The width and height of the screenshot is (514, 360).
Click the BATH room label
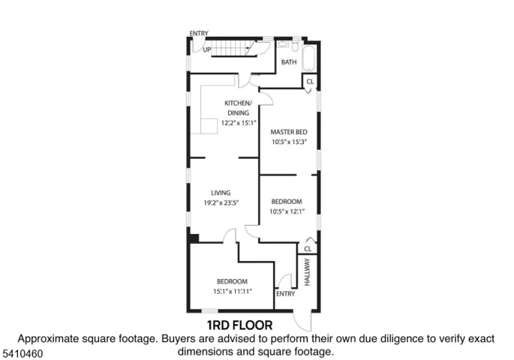[289, 62]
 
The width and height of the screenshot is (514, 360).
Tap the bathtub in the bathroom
[309, 58]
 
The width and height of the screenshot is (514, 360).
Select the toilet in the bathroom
[295, 46]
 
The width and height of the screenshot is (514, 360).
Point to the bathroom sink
[282, 44]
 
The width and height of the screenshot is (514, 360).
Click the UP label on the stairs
[207, 49]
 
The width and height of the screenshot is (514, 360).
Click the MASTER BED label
[289, 132]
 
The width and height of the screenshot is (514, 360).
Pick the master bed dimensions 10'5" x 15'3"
[289, 142]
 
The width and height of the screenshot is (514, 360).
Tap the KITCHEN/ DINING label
[239, 108]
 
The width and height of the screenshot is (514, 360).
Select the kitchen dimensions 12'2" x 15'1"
[239, 123]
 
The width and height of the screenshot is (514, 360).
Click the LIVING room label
[221, 193]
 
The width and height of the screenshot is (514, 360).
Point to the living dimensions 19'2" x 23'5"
[221, 202]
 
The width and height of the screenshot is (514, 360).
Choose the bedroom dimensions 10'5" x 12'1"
[287, 211]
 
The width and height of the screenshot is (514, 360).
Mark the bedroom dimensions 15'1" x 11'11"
[233, 291]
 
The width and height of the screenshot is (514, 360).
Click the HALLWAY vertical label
[307, 272]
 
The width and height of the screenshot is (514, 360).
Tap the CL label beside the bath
[310, 82]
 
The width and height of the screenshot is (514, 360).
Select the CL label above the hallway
[308, 249]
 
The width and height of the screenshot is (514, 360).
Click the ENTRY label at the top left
[199, 34]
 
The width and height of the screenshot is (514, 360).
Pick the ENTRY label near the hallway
[286, 294]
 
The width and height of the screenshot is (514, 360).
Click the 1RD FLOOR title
[239, 325]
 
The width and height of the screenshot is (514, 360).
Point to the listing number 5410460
[23, 354]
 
